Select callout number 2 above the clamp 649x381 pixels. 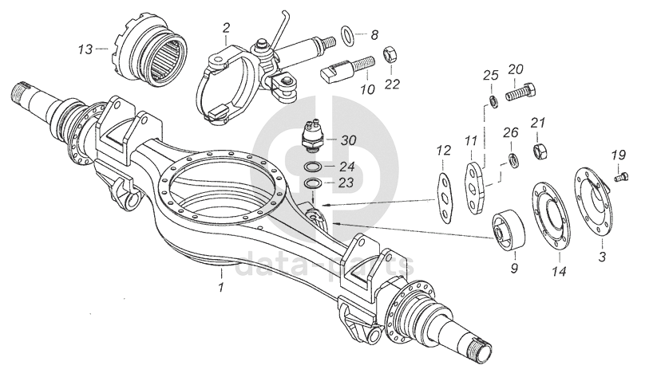click(x=226, y=28)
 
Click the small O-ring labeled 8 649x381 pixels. click(x=349, y=35)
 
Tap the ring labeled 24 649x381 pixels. click(x=314, y=167)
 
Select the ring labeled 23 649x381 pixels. click(x=314, y=184)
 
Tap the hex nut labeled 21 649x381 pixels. click(x=540, y=149)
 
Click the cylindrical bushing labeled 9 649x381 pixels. click(x=505, y=228)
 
